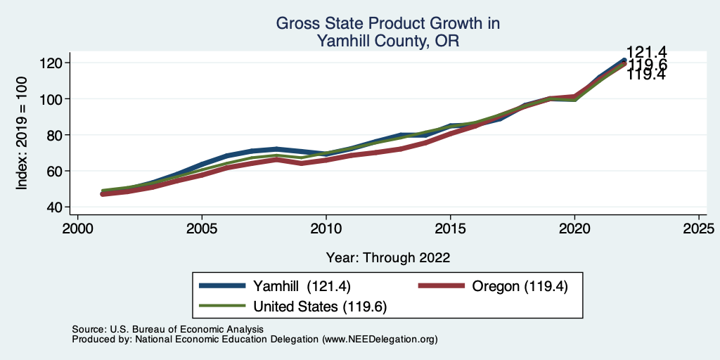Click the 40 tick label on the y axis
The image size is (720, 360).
point(55,207)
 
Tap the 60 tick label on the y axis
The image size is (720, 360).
point(55,171)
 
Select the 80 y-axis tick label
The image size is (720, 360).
point(55,135)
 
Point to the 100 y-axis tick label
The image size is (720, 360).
point(51,99)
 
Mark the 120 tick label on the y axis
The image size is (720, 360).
point(51,63)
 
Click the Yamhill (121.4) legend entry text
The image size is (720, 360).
point(302,286)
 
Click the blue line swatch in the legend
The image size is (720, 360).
point(223,286)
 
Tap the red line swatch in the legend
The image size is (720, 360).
point(442,286)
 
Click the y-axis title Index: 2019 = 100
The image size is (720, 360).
point(22,134)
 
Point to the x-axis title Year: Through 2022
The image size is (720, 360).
point(388,257)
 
